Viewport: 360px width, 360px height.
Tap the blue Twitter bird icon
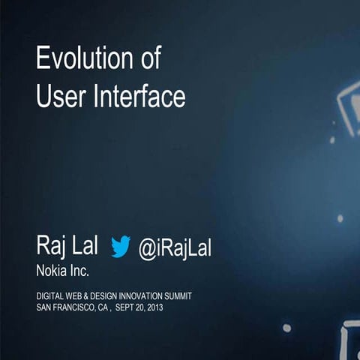pyautogui.click(x=121, y=246)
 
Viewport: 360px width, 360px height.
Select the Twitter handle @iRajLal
pyautogui.click(x=175, y=247)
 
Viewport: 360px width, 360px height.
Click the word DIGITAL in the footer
pyautogui.click(x=50, y=296)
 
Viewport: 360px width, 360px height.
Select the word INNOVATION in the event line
pyautogui.click(x=145, y=296)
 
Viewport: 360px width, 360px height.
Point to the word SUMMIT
pyautogui.click(x=181, y=296)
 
